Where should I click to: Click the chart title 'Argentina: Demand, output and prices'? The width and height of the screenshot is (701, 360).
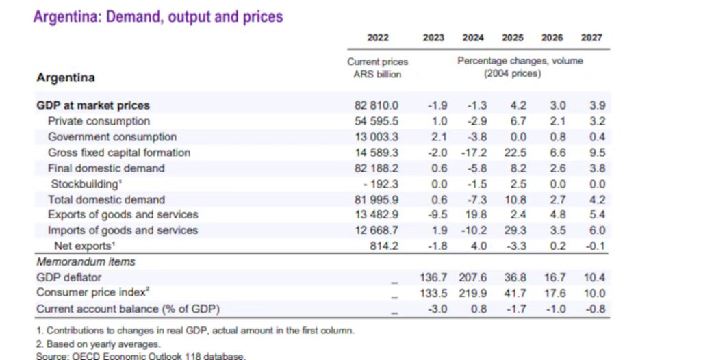pyautogui.click(x=157, y=16)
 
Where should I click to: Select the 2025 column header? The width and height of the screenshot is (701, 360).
pyautogui.click(x=513, y=38)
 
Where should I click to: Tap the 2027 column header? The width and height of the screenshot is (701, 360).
pyautogui.click(x=591, y=38)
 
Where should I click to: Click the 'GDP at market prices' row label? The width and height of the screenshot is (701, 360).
pyautogui.click(x=93, y=105)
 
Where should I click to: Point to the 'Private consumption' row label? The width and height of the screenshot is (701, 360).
pyautogui.click(x=99, y=121)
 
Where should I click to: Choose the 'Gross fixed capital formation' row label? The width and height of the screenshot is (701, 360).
pyautogui.click(x=118, y=153)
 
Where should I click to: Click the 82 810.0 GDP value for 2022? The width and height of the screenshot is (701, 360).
pyautogui.click(x=376, y=105)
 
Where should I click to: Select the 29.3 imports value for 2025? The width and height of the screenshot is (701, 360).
pyautogui.click(x=513, y=231)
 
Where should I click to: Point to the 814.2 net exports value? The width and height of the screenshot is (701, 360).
pyautogui.click(x=383, y=246)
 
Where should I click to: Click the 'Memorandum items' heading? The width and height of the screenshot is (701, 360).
pyautogui.click(x=86, y=261)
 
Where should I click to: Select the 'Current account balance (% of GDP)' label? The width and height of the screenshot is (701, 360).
pyautogui.click(x=128, y=309)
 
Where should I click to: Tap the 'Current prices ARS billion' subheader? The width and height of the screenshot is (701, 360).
pyautogui.click(x=378, y=68)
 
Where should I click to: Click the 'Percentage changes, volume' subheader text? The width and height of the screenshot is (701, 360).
pyautogui.click(x=520, y=61)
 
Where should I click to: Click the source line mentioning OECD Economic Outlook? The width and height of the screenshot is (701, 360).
pyautogui.click(x=141, y=356)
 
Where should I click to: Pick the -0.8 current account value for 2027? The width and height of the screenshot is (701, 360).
pyautogui.click(x=594, y=309)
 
